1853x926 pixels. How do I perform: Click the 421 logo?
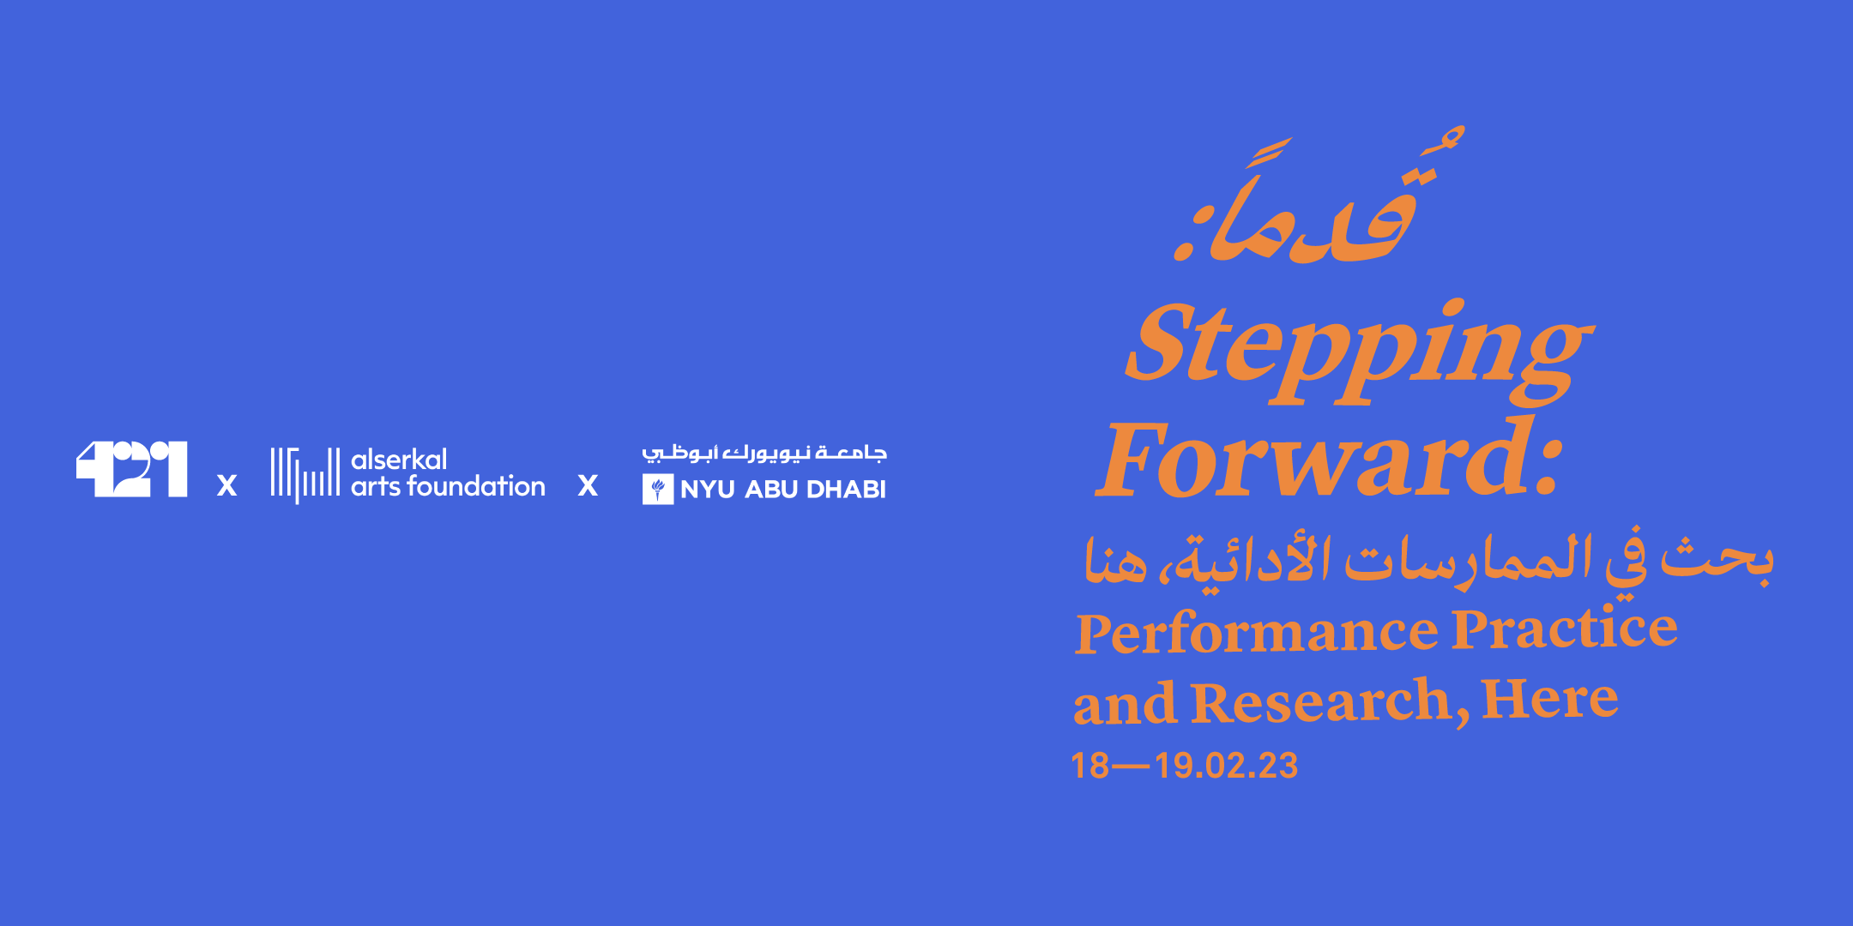pos(131,469)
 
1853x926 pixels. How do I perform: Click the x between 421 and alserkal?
pos(226,486)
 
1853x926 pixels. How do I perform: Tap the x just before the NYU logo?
pos(588,486)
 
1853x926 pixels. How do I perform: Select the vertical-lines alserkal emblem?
pos(305,473)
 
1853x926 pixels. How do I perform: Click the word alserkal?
pos(399,460)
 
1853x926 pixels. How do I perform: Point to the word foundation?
pos(476,486)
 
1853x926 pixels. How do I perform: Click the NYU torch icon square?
pos(658,489)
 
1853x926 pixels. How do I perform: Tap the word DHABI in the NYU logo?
pos(846,490)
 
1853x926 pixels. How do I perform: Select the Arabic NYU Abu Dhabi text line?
pos(764,453)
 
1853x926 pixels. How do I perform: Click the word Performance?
pos(1257,633)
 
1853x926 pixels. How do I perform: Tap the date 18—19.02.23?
pos(1184,766)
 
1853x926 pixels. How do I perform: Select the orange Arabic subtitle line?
pos(1428,562)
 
